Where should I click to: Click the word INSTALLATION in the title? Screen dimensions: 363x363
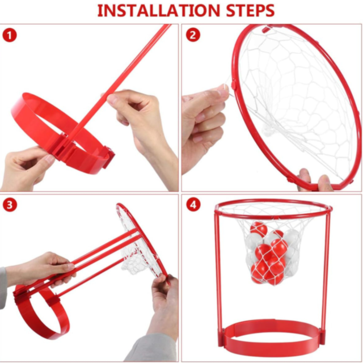tap(159, 11)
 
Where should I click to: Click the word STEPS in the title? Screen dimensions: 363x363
tap(250, 11)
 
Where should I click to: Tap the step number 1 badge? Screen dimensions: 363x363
tap(10, 35)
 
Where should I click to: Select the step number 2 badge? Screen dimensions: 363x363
tap(193, 35)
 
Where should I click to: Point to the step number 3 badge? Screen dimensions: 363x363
tap(10, 205)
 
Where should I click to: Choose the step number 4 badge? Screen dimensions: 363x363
tap(193, 204)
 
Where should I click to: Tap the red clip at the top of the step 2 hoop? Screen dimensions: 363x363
tap(267, 29)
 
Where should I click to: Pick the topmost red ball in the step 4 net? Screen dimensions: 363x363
tap(259, 229)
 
